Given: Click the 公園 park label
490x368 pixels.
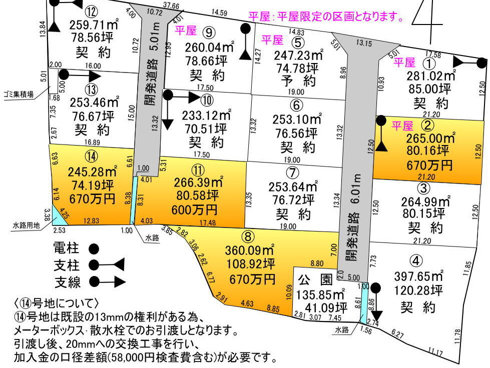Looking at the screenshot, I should (311, 279).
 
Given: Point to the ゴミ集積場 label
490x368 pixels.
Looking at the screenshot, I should (18, 93).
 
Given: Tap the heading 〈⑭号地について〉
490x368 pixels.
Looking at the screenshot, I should (58, 303).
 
